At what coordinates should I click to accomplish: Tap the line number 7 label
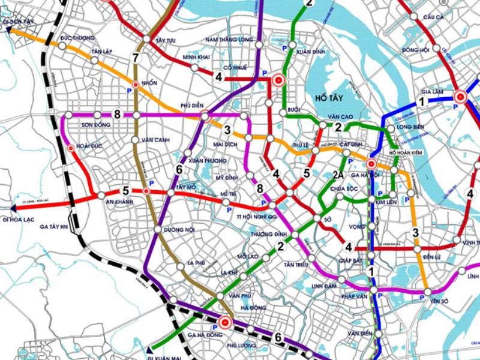pyautogui.click(x=136, y=58)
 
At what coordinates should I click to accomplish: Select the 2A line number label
pyautogui.click(x=338, y=175)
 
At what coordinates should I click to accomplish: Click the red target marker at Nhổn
pyautogui.click(x=136, y=85)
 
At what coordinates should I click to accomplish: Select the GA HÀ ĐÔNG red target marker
pyautogui.click(x=226, y=322)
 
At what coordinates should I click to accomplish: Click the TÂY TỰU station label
pyautogui.click(x=166, y=40)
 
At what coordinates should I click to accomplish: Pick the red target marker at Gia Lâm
pyautogui.click(x=460, y=96)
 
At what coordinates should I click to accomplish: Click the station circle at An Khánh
pyautogui.click(x=101, y=195)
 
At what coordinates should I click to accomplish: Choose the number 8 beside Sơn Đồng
pyautogui.click(x=117, y=114)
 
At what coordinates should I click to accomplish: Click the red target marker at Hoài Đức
pyautogui.click(x=71, y=148)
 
